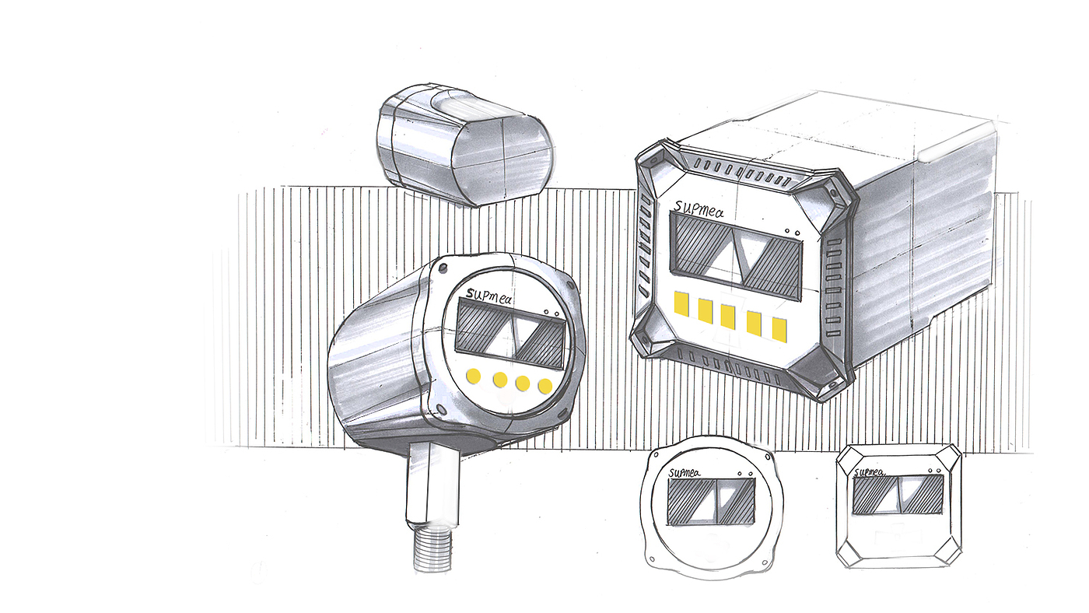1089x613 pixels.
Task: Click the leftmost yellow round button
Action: pos(473,376)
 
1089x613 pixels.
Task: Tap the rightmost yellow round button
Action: pos(545,386)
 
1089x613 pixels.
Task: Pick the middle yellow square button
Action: pos(728,316)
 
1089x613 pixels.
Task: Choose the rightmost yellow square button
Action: pos(779,329)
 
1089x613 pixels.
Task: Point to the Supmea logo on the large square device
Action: pos(699,209)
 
